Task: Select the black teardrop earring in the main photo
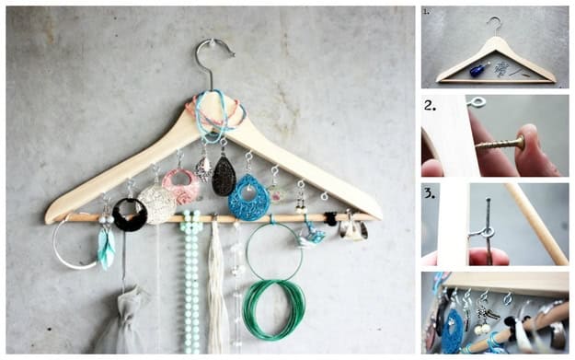[x=224, y=177]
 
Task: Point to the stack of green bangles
[x=274, y=309]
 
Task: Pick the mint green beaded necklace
[x=191, y=279]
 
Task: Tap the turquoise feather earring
[x=107, y=248]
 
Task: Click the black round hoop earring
[x=130, y=215]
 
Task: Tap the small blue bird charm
[x=310, y=236]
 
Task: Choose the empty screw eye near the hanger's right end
[x=324, y=196]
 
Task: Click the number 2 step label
[x=430, y=106]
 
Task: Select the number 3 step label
[x=430, y=193]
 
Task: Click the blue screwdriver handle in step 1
[x=477, y=70]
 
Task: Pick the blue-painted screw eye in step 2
[x=476, y=102]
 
